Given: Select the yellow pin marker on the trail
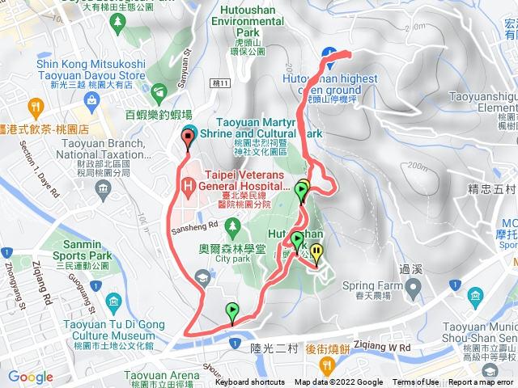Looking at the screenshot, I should click(316, 252).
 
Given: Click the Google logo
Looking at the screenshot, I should click(31, 377).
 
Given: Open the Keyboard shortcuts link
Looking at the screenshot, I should click(250, 382).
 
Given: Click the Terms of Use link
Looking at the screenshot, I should click(416, 382).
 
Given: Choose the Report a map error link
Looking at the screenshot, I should click(481, 382).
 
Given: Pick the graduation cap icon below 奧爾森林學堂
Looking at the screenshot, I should click(199, 278).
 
